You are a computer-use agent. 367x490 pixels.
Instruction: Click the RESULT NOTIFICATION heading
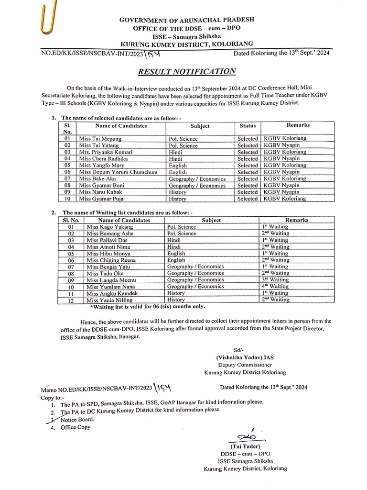click(187, 72)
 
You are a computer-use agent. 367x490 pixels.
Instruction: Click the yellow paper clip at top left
click(47, 21)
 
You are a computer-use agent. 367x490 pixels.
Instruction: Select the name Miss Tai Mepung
click(100, 138)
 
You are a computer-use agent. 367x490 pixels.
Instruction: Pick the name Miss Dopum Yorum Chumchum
click(118, 172)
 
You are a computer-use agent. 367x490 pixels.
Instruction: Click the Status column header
click(248, 126)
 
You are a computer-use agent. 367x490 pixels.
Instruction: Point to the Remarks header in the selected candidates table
click(298, 125)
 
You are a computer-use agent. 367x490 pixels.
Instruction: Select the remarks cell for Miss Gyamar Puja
click(285, 199)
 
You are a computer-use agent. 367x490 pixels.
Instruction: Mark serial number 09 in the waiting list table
click(71, 280)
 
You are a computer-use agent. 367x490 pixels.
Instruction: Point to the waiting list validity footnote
click(147, 306)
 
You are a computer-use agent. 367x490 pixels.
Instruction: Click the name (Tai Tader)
click(247, 446)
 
